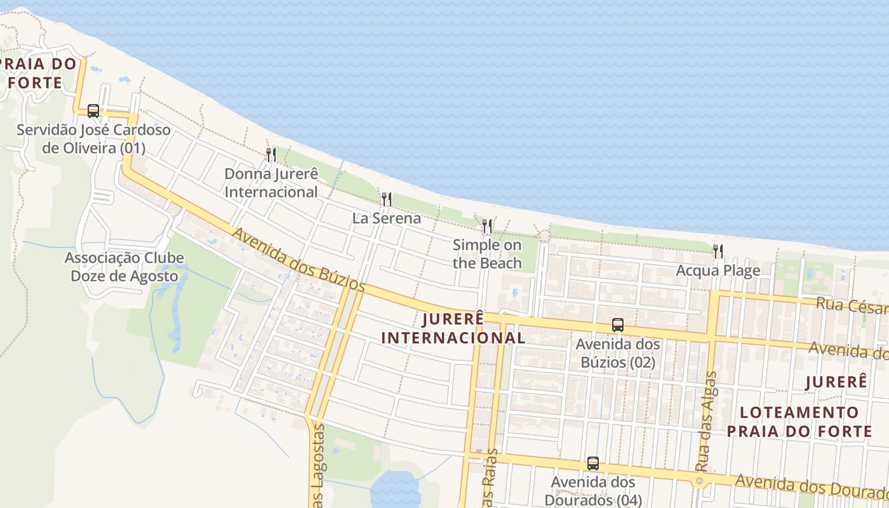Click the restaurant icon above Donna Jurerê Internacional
click(x=271, y=155)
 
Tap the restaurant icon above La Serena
click(x=386, y=199)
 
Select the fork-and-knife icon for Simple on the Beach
click(x=487, y=226)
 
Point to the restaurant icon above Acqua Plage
click(x=718, y=251)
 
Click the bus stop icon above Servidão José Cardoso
click(x=93, y=111)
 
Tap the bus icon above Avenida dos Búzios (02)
click(x=618, y=325)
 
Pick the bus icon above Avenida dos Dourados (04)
click(x=593, y=464)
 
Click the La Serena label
click(x=387, y=218)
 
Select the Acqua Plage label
click(x=718, y=271)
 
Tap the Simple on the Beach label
click(x=487, y=254)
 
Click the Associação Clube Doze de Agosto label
click(x=124, y=267)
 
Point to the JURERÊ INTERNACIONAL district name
click(x=453, y=328)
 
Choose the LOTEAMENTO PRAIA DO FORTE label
click(x=799, y=422)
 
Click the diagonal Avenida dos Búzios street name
click(x=298, y=260)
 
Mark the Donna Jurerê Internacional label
click(x=271, y=183)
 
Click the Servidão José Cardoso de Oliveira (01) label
click(x=93, y=139)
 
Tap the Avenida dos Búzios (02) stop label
click(x=618, y=354)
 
